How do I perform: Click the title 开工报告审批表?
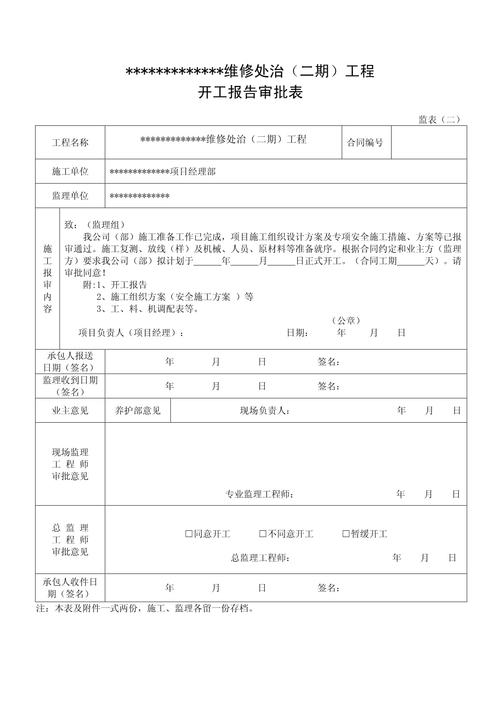[x=250, y=93]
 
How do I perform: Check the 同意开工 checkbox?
[x=189, y=534]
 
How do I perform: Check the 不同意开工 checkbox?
[x=263, y=534]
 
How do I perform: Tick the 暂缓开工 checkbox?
[x=346, y=534]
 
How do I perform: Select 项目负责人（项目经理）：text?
[x=131, y=333]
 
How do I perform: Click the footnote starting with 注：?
[x=144, y=609]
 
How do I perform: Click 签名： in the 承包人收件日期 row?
[x=329, y=588]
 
